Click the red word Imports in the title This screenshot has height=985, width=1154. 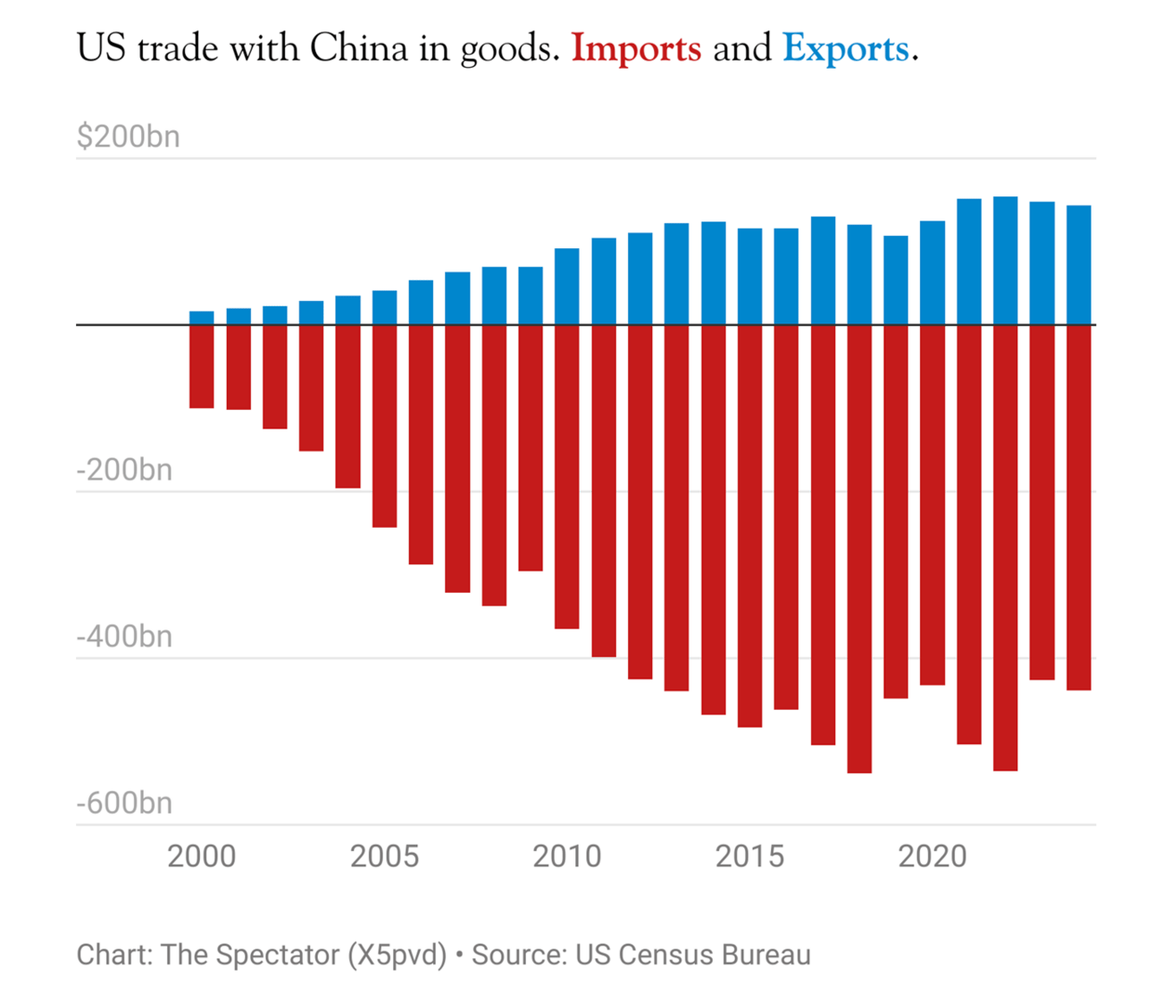[636, 49]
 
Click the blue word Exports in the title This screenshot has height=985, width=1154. [845, 49]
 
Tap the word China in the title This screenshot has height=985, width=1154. [358, 49]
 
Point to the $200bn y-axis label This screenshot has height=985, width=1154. [128, 137]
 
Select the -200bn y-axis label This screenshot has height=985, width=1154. [124, 470]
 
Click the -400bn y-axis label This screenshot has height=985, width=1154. [124, 637]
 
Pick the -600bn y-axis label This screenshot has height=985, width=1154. [124, 803]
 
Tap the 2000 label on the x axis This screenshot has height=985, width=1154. [202, 856]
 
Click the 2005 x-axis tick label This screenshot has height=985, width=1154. [384, 856]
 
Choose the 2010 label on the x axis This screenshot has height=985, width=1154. [567, 856]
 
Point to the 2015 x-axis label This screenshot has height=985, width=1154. [749, 856]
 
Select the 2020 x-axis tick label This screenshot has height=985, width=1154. [932, 856]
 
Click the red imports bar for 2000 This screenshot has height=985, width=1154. [202, 366]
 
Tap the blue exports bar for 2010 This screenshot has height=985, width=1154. [567, 286]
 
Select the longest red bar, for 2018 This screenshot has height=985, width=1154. [859, 549]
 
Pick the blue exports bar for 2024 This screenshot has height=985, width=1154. [1078, 265]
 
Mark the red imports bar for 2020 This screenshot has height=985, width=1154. [932, 505]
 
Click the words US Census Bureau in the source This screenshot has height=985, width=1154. [693, 955]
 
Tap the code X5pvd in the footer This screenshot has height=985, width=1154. [394, 955]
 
